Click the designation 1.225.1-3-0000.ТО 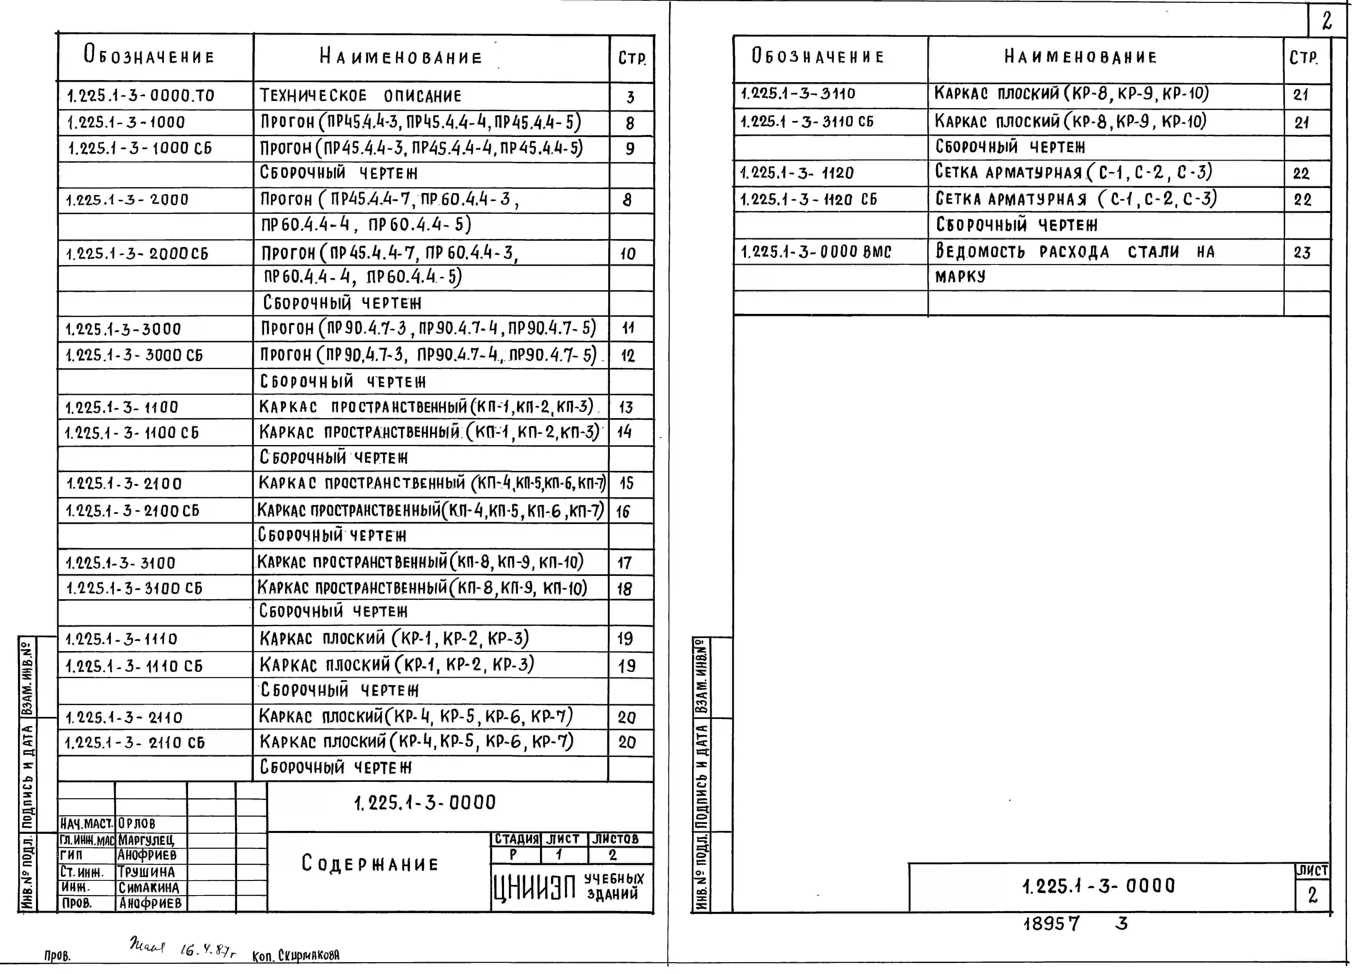click(x=141, y=95)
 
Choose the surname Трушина click(x=146, y=871)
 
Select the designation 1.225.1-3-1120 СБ click(x=808, y=199)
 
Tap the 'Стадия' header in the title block click(x=516, y=839)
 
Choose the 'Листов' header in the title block click(x=615, y=839)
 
